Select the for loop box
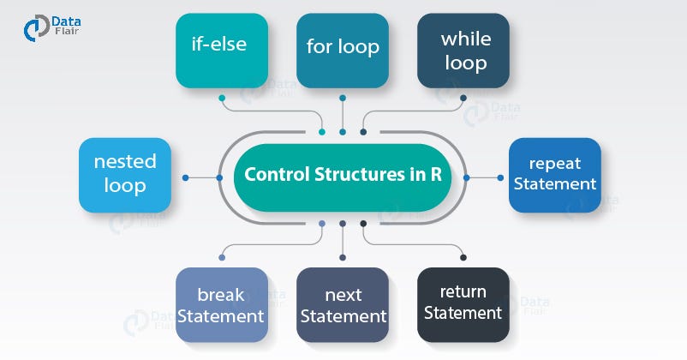[x=343, y=51]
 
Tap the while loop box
[x=463, y=51]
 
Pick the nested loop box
[x=125, y=174]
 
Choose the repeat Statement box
[x=555, y=174]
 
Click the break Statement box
[x=222, y=306]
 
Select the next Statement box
[x=343, y=306]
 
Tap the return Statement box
[x=463, y=306]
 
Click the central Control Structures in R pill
[x=343, y=175]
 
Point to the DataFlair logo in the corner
[x=52, y=27]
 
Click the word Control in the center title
[x=273, y=175]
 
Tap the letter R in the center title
[x=436, y=175]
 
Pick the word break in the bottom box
[x=221, y=295]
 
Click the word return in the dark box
[x=463, y=295]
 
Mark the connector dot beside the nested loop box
[x=184, y=177]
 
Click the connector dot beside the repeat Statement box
[x=467, y=177]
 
